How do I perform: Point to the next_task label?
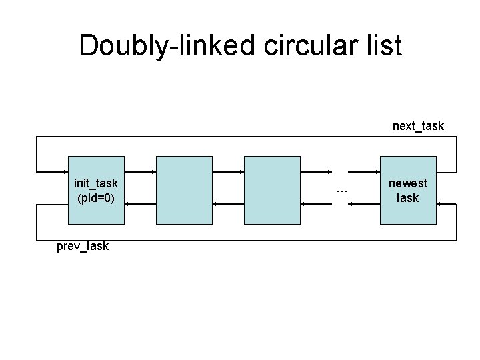[x=418, y=126]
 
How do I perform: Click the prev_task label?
[x=82, y=247]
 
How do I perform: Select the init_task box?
[x=96, y=190]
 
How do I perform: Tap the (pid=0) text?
[x=96, y=198]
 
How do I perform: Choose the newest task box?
[x=407, y=190]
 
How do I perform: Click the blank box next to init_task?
[x=184, y=190]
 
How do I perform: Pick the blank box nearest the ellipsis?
[x=272, y=190]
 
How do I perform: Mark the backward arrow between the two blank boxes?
[x=228, y=204]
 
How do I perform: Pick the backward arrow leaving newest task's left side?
[x=367, y=204]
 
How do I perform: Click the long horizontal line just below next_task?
[x=247, y=137]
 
